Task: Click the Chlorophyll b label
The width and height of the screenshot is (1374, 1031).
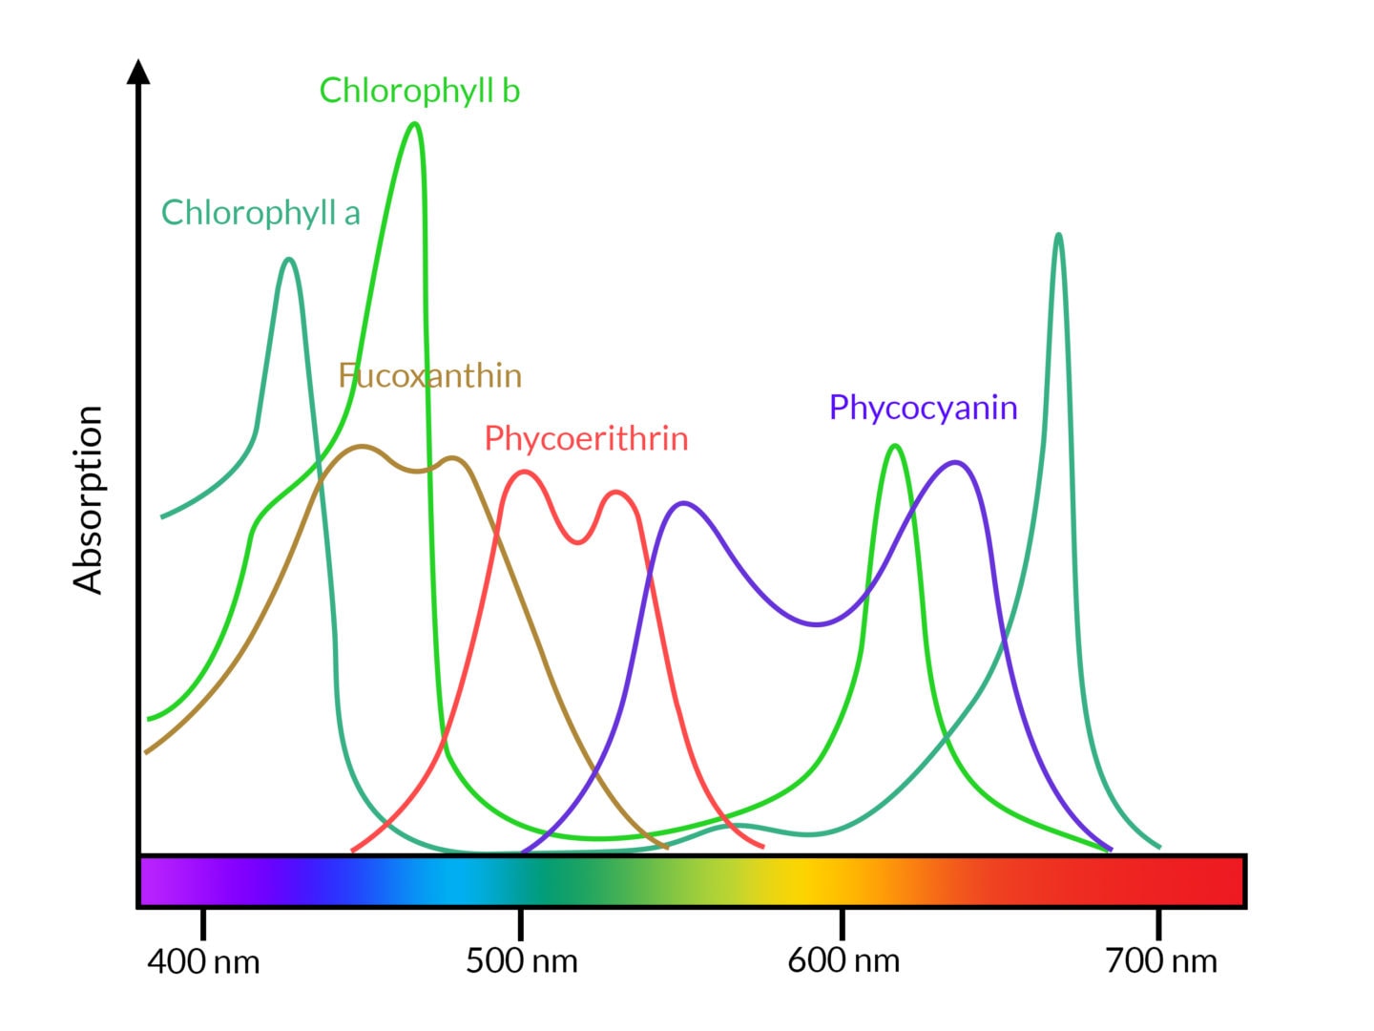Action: pos(419,91)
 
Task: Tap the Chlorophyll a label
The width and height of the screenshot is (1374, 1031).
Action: pos(260,213)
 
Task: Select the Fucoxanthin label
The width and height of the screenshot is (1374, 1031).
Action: pos(430,376)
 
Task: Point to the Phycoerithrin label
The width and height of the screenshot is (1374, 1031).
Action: pos(586,438)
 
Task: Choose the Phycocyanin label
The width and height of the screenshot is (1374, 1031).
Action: pos(923,408)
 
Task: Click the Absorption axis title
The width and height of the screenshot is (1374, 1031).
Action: pos(88,499)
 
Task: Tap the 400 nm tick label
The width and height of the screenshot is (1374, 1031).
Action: pos(203,961)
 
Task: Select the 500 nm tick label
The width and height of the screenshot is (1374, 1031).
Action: pos(521,961)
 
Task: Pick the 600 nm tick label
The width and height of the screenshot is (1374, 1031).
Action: pos(843,961)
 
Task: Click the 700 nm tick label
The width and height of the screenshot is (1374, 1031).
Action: pos(1161,961)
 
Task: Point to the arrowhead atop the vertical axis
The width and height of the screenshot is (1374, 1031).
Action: pos(139,72)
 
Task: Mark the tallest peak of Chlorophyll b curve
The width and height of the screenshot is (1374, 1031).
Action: pos(414,124)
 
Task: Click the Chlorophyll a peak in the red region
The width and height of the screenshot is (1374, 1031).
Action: pos(1058,235)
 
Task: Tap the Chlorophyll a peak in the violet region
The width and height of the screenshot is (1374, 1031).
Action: pos(289,260)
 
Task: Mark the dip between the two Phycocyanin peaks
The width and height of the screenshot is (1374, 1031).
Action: pos(817,624)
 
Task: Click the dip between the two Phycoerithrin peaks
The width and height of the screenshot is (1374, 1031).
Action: pos(577,542)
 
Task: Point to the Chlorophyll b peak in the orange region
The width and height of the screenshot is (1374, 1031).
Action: pos(894,446)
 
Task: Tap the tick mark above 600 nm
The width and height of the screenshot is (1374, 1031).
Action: pos(843,923)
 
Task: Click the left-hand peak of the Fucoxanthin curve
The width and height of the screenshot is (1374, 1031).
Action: pos(362,446)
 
